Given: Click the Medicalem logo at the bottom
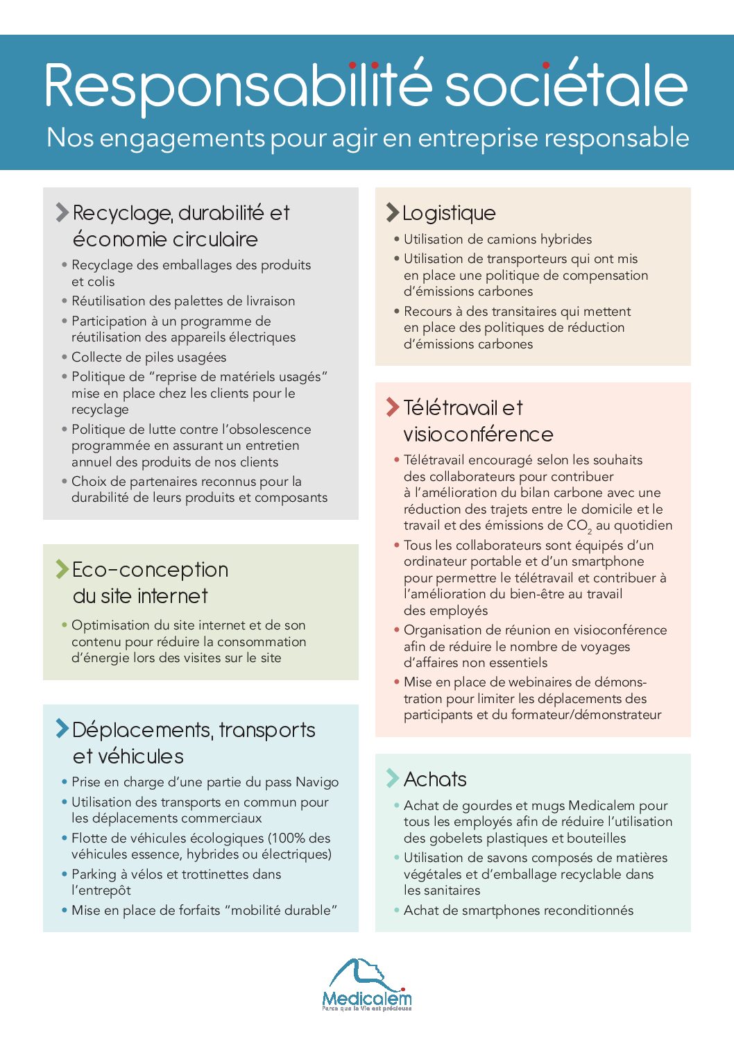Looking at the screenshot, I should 366,986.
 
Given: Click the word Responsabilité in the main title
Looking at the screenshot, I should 238,86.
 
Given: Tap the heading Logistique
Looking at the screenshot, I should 449,213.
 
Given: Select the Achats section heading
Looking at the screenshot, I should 435,779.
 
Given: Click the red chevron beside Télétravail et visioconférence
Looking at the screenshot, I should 393,407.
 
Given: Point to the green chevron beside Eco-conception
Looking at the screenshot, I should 62,569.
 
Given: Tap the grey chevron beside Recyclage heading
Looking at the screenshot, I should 62,212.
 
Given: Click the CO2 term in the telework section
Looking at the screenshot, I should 579,526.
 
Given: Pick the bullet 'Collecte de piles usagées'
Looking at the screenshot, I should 148,357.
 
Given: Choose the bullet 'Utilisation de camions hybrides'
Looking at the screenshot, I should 497,239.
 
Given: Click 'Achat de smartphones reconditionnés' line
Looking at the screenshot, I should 518,911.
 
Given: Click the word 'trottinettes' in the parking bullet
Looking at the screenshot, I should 216,875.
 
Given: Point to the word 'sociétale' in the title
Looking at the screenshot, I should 565,86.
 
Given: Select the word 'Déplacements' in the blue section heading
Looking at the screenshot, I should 142,730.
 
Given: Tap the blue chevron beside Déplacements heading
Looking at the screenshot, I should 62,729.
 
